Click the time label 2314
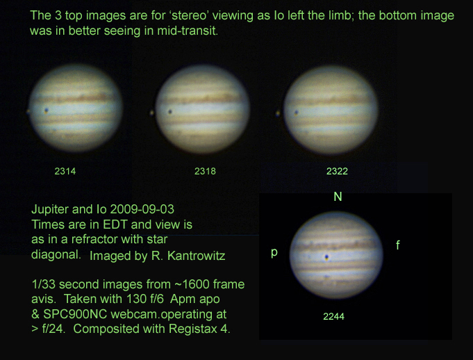65,172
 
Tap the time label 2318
205,172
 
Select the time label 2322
338,172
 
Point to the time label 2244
333,316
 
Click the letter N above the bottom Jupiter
338,197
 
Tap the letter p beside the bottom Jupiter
274,252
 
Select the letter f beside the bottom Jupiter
398,245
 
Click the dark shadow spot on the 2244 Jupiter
326,257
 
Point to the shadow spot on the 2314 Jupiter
46,111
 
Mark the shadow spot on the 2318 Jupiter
170,112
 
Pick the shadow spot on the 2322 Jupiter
297,113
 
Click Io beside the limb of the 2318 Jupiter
151,113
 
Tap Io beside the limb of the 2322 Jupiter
278,114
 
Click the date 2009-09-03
142,209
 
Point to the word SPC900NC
75,314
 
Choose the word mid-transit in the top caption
188,31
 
